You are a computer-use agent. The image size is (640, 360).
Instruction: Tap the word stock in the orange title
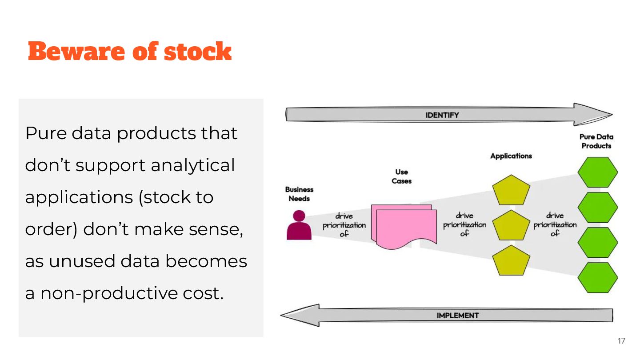(x=198, y=52)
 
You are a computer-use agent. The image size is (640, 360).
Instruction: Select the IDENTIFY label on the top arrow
(x=442, y=115)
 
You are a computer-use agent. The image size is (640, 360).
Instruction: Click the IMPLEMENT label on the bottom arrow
(x=457, y=315)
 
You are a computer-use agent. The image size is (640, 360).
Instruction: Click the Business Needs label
(x=299, y=194)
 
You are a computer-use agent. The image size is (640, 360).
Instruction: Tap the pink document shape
(x=404, y=227)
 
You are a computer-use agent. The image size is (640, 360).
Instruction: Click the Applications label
(x=511, y=156)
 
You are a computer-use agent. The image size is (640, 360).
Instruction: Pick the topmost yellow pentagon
(x=511, y=190)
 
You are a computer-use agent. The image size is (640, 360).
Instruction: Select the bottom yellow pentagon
(x=511, y=260)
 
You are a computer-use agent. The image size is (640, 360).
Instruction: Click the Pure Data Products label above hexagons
(x=596, y=141)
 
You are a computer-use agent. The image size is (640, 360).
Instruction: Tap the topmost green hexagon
(x=597, y=172)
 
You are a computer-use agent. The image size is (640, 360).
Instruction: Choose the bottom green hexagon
(x=597, y=277)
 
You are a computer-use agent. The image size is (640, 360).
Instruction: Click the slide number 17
(x=621, y=341)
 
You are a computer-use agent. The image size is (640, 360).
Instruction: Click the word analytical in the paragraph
(x=192, y=165)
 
